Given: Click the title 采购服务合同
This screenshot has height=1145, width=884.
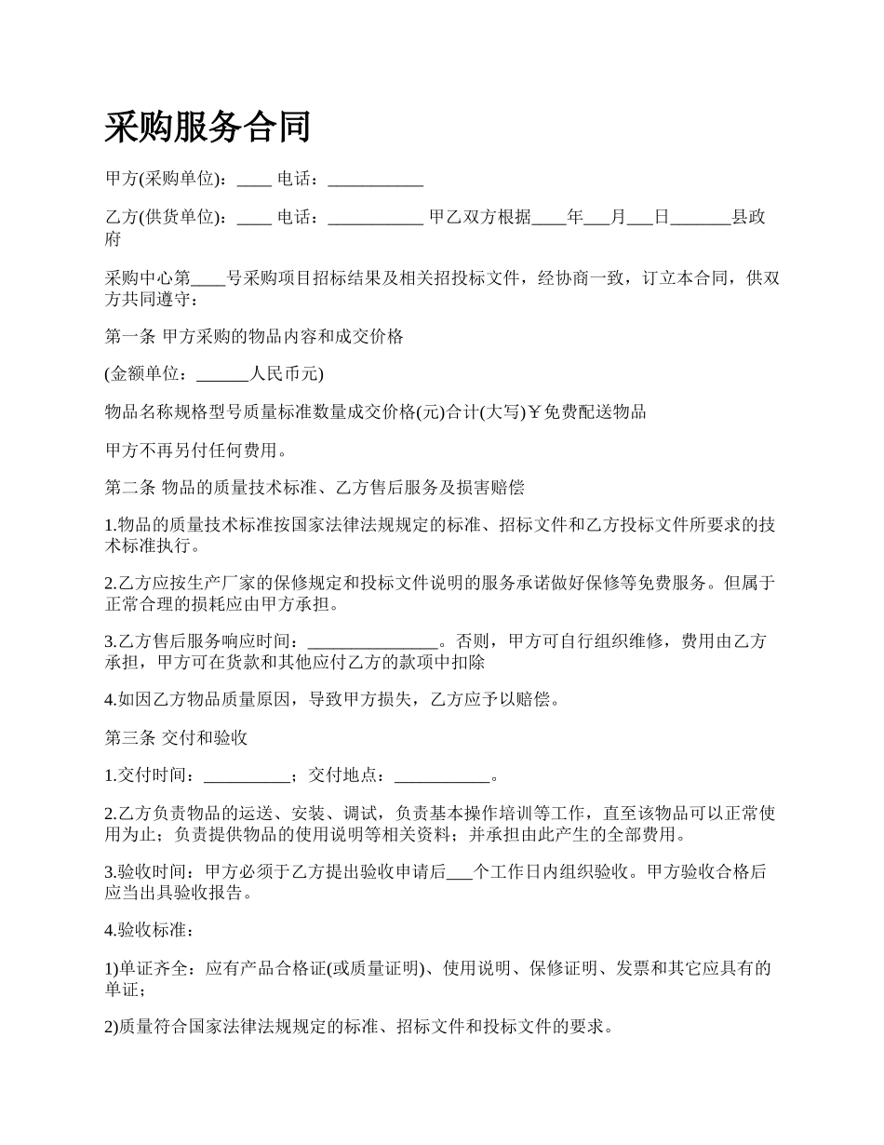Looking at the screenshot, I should pos(208,127).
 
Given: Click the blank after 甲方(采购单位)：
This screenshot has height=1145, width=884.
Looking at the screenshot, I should pos(254,179).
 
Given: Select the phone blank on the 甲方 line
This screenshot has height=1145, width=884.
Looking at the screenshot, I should pos(376,179).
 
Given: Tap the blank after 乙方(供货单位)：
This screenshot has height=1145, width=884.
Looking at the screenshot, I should pos(254,218).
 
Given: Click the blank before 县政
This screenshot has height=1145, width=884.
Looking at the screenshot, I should pos(701,218).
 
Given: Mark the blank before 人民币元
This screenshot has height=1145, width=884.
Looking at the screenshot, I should pos(223,375).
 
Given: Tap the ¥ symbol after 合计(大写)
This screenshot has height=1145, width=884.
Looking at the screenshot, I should pos(535,412).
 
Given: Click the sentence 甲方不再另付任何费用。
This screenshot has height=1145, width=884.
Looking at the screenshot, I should pos(196,451).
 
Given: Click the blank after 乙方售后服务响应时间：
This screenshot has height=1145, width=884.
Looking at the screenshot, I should pos(371,641).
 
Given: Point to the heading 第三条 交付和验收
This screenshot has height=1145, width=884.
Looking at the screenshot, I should pos(176,738).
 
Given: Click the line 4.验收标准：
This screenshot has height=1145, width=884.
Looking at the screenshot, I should pos(151,930).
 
